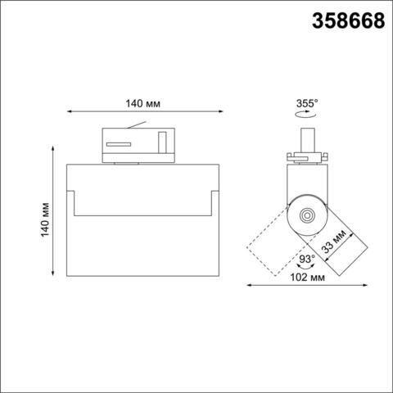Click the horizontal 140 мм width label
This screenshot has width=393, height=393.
[143, 104]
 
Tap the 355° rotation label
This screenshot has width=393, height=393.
[306, 104]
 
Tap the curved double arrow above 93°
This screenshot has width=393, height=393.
[298, 269]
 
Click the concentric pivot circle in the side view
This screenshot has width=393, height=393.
[306, 215]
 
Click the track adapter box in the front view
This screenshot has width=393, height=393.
[136, 144]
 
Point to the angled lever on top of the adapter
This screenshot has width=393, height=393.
[139, 125]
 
